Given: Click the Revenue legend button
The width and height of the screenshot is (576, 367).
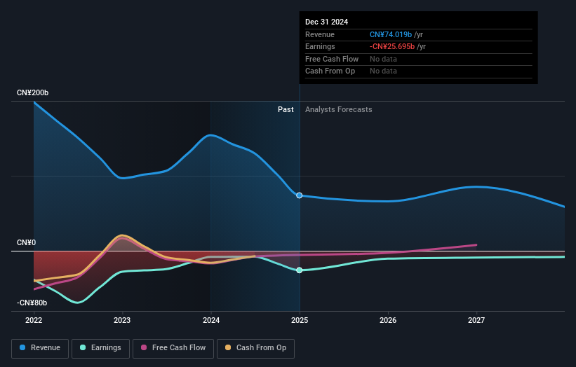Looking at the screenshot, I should pos(40,347).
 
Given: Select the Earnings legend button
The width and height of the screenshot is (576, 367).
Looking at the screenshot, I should pos(100,347).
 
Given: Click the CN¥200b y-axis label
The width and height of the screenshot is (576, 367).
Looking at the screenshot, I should pos(33,93).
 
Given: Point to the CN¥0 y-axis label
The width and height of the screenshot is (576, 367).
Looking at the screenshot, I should pos(26,242).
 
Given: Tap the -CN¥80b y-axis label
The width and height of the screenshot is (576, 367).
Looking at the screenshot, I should pos(32,303).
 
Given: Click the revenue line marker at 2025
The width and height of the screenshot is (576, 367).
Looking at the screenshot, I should pos(300,195).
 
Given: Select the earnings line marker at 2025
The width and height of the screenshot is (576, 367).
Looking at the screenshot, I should pos(300,270).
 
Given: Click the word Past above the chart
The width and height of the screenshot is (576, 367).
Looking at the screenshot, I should pos(286,109).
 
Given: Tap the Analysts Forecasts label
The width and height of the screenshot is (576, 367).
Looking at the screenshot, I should pos(338,109).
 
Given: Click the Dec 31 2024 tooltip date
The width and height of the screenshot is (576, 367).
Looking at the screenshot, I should pos(326,22).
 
